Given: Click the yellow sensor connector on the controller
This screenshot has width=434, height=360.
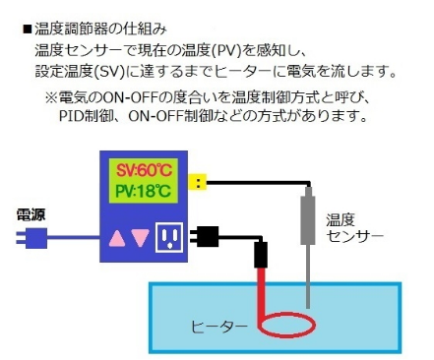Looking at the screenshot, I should pyautogui.click(x=200, y=181).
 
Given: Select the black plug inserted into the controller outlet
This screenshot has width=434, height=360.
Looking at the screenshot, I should pyautogui.click(x=206, y=236).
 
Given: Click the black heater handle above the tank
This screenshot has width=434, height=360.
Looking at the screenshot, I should pyautogui.click(x=262, y=256).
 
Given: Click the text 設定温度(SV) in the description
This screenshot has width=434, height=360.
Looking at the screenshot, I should pyautogui.click(x=76, y=71).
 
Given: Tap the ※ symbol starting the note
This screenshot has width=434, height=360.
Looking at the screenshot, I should pyautogui.click(x=50, y=97).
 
